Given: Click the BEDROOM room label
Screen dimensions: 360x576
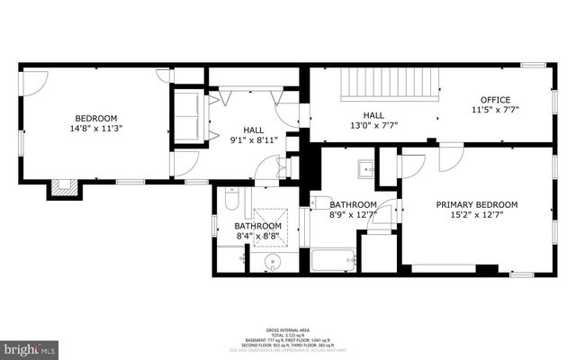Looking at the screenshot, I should pyautogui.click(x=95, y=118).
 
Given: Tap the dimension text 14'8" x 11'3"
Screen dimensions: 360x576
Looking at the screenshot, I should pyautogui.click(x=95, y=129).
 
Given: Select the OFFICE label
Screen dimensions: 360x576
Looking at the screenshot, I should pyautogui.click(x=495, y=100).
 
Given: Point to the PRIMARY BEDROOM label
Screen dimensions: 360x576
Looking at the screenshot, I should pyautogui.click(x=472, y=204).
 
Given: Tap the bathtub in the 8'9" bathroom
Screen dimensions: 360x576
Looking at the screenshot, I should pyautogui.click(x=334, y=261).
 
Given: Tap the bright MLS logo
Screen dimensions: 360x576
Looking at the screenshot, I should pyautogui.click(x=30, y=347).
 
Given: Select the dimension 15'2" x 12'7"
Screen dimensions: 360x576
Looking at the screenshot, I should pyautogui.click(x=472, y=215).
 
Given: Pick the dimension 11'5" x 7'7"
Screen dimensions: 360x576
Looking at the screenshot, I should pyautogui.click(x=495, y=111).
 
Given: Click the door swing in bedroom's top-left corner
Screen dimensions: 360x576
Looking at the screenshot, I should pyautogui.click(x=32, y=83).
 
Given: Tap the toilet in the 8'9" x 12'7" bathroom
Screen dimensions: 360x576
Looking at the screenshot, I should pyautogui.click(x=320, y=203).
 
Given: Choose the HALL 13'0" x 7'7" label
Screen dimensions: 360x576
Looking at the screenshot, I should pyautogui.click(x=373, y=121).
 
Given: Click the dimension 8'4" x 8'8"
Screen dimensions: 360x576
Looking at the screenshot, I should pyautogui.click(x=258, y=237).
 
